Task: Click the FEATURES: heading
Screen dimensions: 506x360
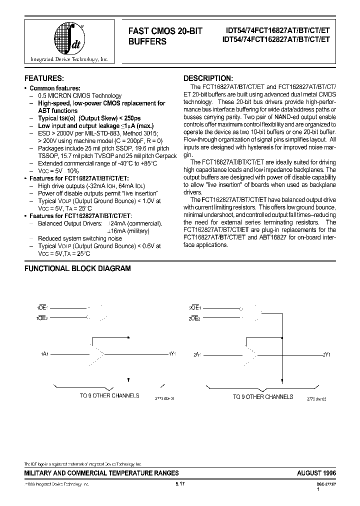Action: tap(44, 78)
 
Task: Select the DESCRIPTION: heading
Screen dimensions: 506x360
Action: tap(208, 78)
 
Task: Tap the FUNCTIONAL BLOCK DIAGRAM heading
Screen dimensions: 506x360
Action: tap(78, 268)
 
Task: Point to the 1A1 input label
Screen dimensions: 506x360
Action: tap(44, 354)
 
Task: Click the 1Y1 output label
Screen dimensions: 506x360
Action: tap(172, 354)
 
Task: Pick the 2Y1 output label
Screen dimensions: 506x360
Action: tap(326, 354)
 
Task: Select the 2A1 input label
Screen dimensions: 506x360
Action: tap(197, 354)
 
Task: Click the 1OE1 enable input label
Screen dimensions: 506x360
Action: tap(42, 309)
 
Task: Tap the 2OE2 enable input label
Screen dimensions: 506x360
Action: tap(195, 318)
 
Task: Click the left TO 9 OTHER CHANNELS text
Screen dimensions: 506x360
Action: tap(109, 396)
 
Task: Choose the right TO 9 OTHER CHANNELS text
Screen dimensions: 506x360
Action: tap(263, 396)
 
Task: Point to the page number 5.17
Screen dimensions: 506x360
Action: tap(180, 484)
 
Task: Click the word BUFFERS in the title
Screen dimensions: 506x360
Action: tap(147, 42)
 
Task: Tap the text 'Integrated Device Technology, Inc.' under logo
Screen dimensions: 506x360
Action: tap(69, 59)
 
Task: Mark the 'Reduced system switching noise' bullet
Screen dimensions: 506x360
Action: tap(79, 239)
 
